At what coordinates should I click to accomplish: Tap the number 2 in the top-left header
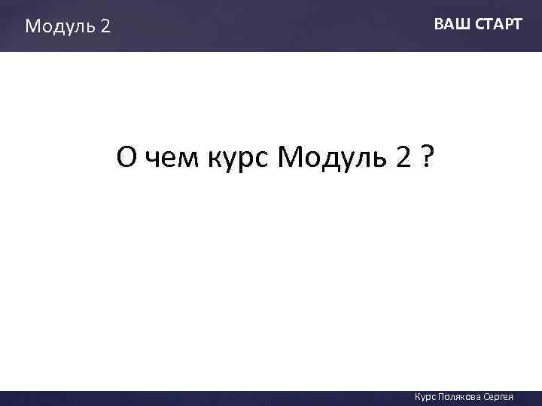[105, 27]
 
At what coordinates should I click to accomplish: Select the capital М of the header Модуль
[33, 27]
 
